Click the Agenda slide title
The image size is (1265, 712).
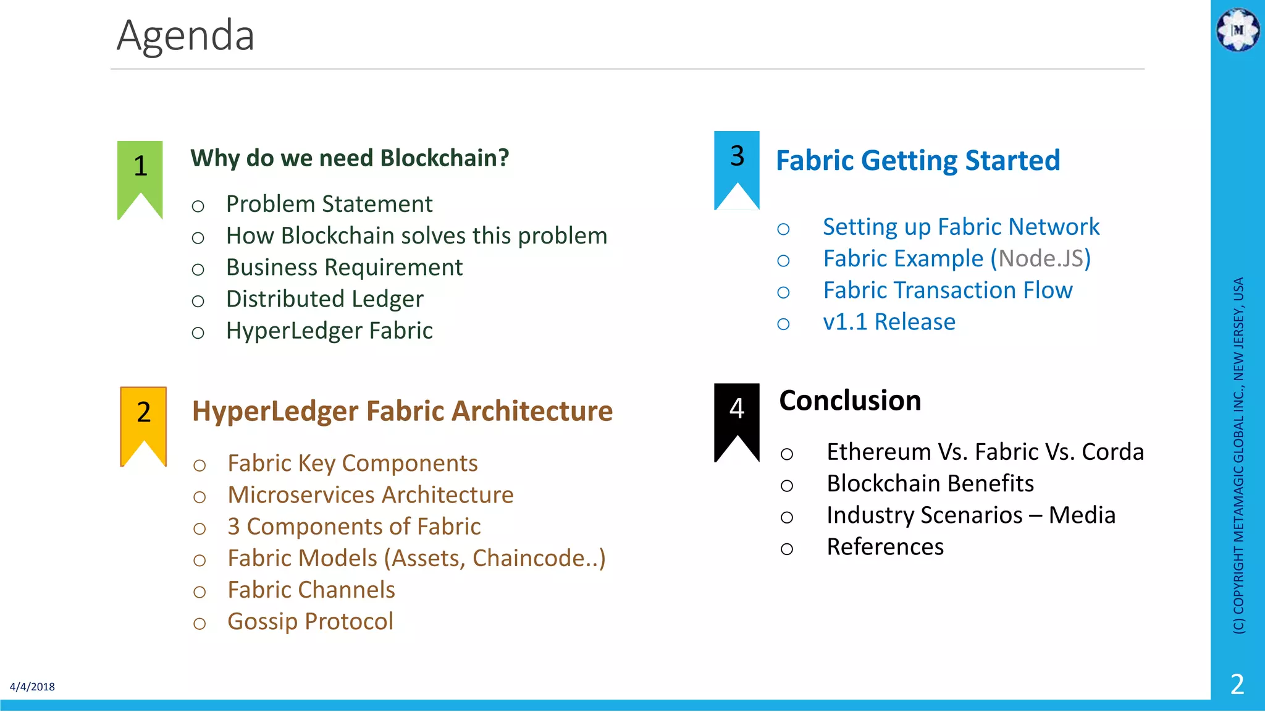click(x=185, y=36)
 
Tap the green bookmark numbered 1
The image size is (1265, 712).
click(x=140, y=173)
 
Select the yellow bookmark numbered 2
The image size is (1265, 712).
click(x=143, y=420)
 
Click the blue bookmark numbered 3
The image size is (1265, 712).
click(x=736, y=164)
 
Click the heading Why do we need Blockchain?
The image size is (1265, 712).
click(x=350, y=158)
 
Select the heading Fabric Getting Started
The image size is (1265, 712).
click(x=918, y=161)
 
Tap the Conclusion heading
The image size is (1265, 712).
click(x=850, y=400)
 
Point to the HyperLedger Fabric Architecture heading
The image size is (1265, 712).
click(x=402, y=412)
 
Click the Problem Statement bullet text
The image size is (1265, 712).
click(x=329, y=204)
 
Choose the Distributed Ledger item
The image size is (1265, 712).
click(x=325, y=299)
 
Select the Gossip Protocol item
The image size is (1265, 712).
click(x=310, y=622)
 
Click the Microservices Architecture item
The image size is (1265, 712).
click(x=371, y=495)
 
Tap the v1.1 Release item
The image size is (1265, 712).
click(x=889, y=322)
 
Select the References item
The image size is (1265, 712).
click(x=885, y=547)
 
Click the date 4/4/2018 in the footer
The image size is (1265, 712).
click(x=32, y=687)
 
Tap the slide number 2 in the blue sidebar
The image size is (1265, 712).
click(x=1237, y=684)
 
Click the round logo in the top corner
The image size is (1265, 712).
click(x=1238, y=29)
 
